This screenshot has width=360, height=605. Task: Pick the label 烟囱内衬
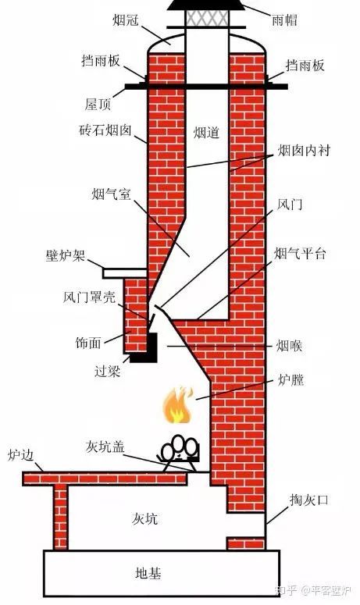[x=308, y=151]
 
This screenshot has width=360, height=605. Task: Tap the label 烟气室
[x=110, y=193]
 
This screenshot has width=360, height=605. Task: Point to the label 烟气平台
[x=300, y=254]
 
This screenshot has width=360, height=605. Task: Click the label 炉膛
[x=290, y=381]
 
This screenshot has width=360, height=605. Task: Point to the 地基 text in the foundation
[x=148, y=574]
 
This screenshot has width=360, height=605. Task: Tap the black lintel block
[x=145, y=348]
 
